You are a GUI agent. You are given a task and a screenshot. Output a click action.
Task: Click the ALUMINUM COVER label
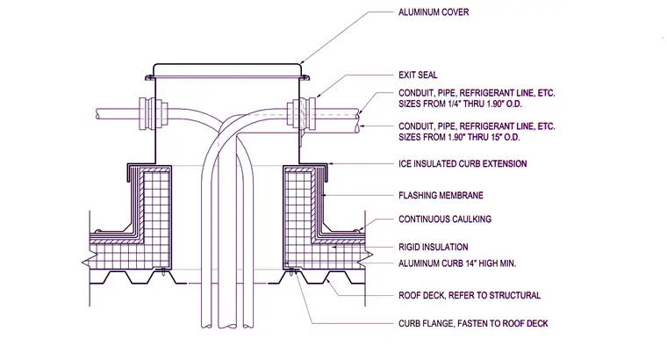434,12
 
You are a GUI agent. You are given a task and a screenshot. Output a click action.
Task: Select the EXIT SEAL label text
418,75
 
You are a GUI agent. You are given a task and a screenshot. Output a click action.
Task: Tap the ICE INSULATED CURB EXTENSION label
463,164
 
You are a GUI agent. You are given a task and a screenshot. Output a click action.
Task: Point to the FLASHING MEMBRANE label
441,195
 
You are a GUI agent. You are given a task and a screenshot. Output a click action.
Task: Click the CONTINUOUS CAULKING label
445,220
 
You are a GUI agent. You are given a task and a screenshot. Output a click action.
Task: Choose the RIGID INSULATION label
433,248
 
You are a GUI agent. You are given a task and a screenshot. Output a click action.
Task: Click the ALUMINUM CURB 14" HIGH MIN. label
457,263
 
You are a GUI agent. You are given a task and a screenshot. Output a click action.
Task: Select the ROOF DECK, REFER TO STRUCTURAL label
470,295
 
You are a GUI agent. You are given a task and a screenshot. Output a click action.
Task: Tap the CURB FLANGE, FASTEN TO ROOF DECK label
473,323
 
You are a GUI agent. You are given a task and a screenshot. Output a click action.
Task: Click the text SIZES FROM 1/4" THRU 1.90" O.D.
460,104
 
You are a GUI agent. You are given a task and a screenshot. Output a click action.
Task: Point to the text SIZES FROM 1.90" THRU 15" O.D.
459,137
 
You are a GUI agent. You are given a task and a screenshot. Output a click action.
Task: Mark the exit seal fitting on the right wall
302,112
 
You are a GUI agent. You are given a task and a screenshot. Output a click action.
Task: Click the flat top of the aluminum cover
227,64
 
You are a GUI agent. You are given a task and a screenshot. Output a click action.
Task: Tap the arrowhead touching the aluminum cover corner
303,62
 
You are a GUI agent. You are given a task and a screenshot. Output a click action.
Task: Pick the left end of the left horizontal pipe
97,113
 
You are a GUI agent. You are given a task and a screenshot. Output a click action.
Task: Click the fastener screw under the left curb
163,271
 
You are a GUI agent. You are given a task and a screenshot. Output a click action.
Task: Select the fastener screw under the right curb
291,271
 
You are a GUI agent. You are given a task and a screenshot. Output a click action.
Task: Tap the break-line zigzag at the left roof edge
87,263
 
